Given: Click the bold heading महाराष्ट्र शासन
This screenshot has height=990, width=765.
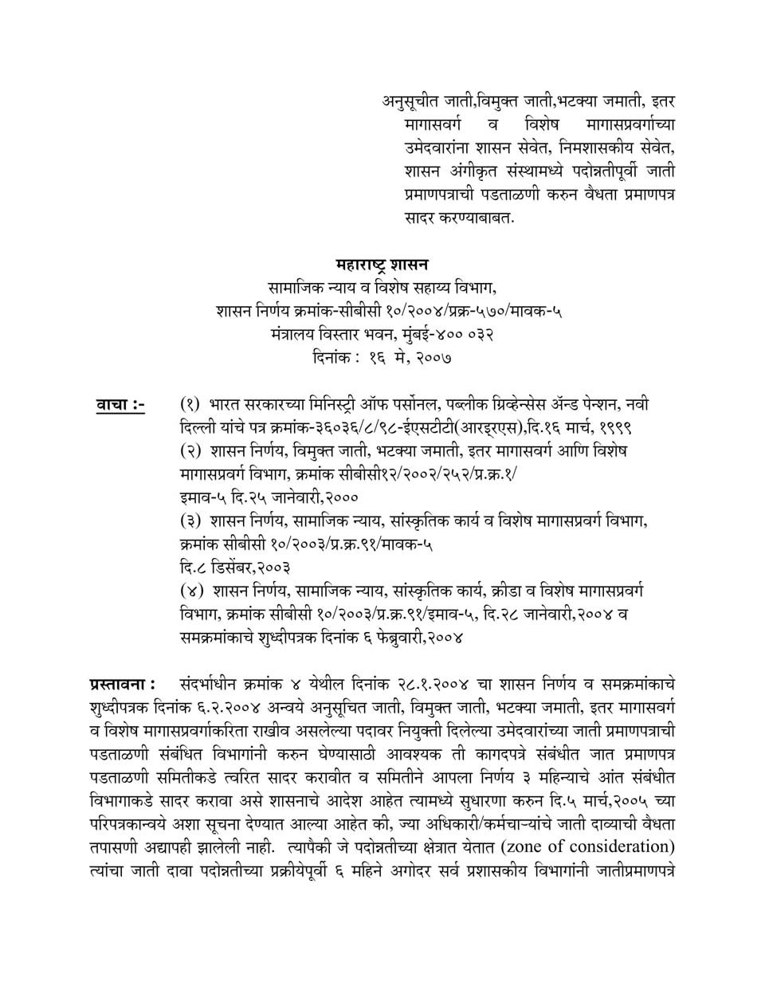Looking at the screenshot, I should pyautogui.click(x=382, y=264).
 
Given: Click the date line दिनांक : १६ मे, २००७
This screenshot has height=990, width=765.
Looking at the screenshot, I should pyautogui.click(x=382, y=358).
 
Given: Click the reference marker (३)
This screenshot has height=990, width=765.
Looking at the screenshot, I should pyautogui.click(x=191, y=522).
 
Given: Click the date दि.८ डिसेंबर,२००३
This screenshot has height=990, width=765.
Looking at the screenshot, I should pyautogui.click(x=234, y=568).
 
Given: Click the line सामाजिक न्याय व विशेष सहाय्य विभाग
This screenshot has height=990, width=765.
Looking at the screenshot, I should pyautogui.click(x=382, y=288).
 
